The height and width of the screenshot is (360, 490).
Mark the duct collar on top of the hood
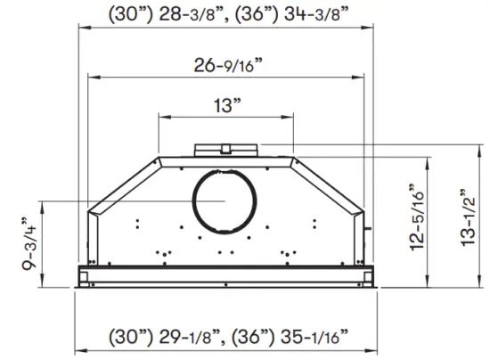point(227,148)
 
